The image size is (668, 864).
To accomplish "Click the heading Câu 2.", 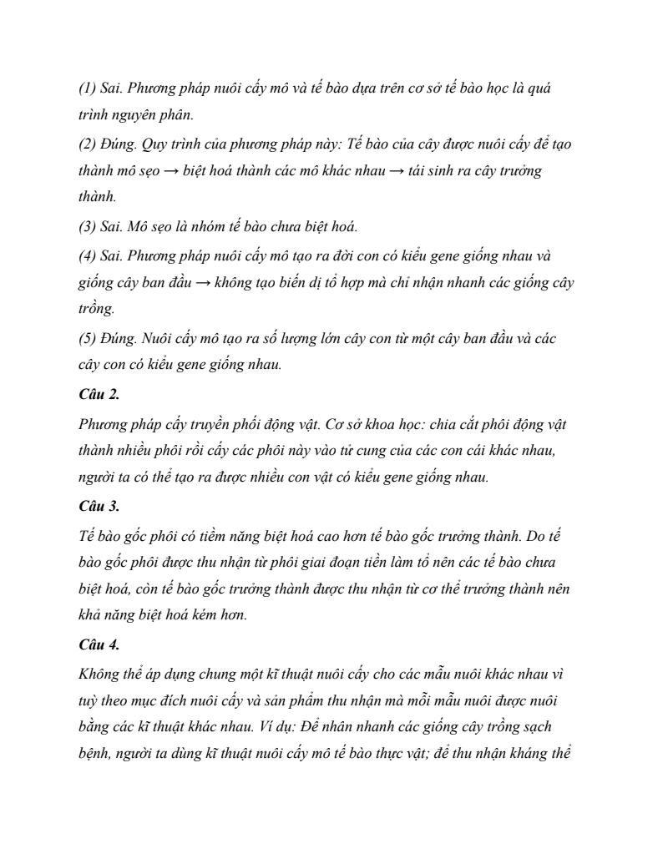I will [99, 395].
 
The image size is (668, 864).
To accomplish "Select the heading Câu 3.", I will [99, 506].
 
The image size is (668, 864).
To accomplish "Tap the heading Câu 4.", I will [99, 644].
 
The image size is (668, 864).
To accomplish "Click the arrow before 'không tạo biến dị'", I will [203, 283].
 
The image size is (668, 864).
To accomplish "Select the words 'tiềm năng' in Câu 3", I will [246, 534].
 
